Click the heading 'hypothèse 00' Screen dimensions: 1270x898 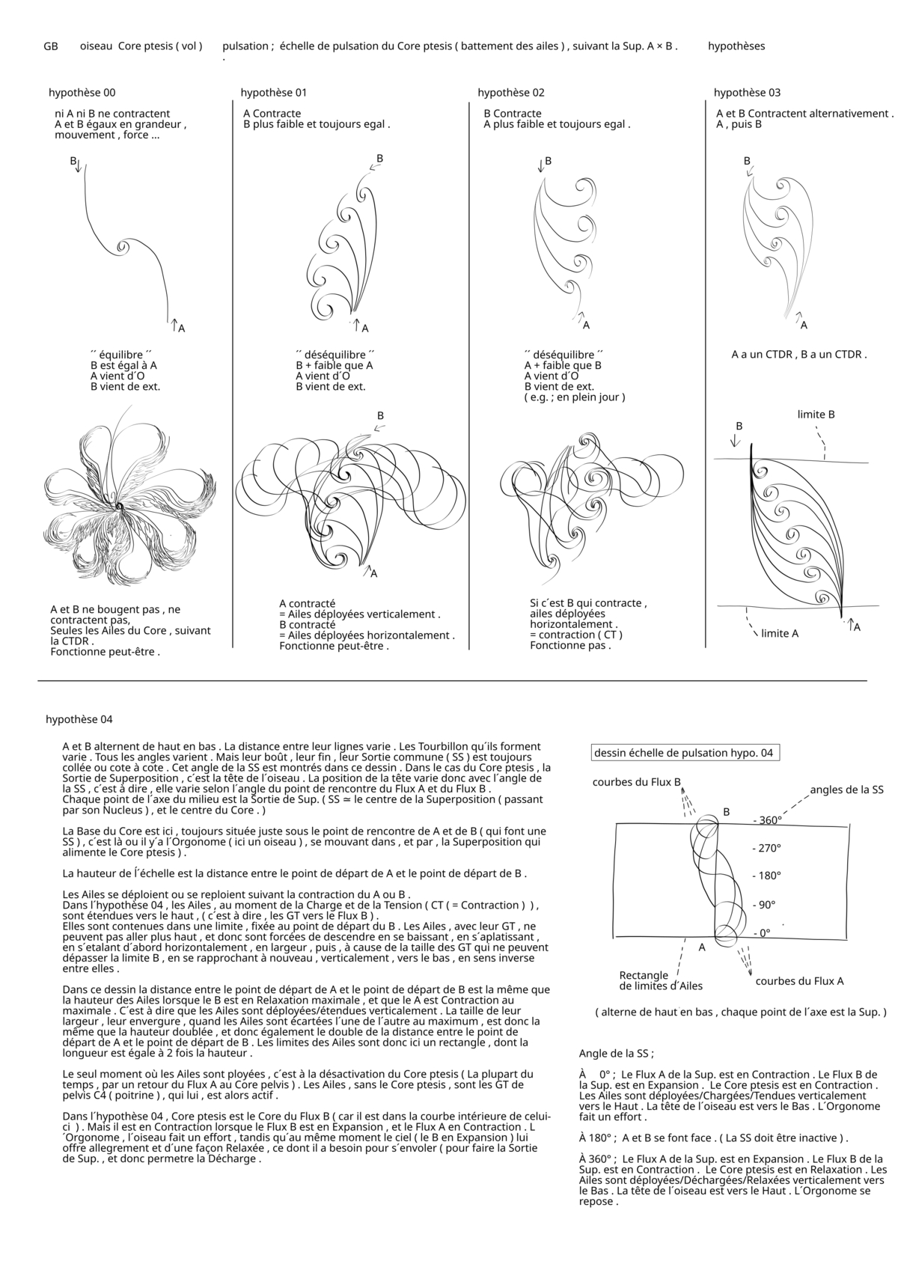(82, 93)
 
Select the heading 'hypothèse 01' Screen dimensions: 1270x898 (274, 93)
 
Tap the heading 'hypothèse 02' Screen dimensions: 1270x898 (511, 93)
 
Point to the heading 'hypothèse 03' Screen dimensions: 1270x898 (747, 93)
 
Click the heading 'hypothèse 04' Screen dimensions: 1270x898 (79, 720)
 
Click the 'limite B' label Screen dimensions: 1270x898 (816, 415)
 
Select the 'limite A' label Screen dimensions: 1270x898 (780, 634)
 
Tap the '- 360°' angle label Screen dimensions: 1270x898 (767, 821)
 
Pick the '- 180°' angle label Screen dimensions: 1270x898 (767, 876)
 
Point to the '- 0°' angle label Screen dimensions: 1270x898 (761, 933)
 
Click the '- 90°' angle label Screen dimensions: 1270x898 (764, 905)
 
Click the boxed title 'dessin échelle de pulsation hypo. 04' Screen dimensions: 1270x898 (684, 753)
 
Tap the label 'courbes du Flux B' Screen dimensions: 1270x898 (636, 783)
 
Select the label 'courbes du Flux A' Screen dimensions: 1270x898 (799, 981)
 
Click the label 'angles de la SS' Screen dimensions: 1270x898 (846, 790)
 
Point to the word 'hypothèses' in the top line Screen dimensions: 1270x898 (736, 46)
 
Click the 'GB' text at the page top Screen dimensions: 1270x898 (51, 46)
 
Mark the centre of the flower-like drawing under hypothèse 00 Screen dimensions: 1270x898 (118, 507)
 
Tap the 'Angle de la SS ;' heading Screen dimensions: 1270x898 (616, 1054)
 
